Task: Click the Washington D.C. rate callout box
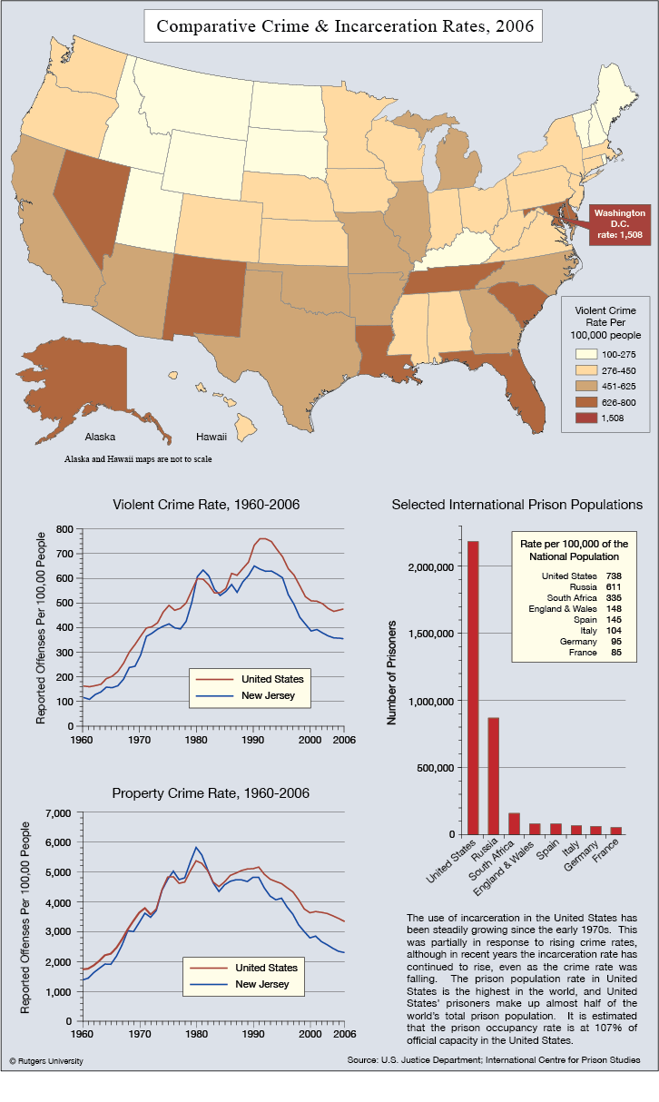620,224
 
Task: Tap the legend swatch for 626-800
586,402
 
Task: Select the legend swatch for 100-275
586,354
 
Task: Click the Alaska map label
100,437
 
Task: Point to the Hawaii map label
211,437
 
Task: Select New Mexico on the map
204,297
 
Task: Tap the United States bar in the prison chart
473,688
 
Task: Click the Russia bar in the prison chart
493,776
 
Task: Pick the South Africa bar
514,823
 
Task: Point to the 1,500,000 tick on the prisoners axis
431,634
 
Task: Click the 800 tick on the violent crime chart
64,529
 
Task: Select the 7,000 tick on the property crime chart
58,813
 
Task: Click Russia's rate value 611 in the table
614,587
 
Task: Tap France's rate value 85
616,653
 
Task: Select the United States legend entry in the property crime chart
243,968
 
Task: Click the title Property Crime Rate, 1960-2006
211,793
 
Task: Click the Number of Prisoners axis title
391,673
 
